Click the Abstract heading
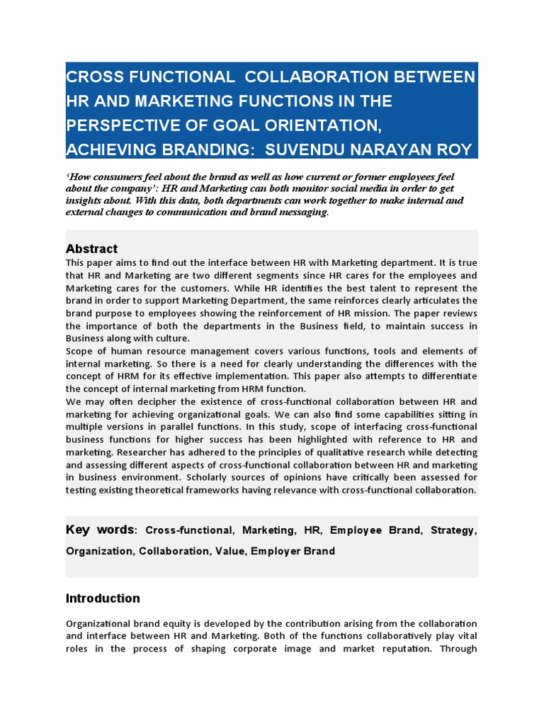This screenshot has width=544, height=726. point(91,249)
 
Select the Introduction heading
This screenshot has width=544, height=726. point(103,598)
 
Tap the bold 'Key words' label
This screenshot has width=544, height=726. point(99,530)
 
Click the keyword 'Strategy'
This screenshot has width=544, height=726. point(455,530)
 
